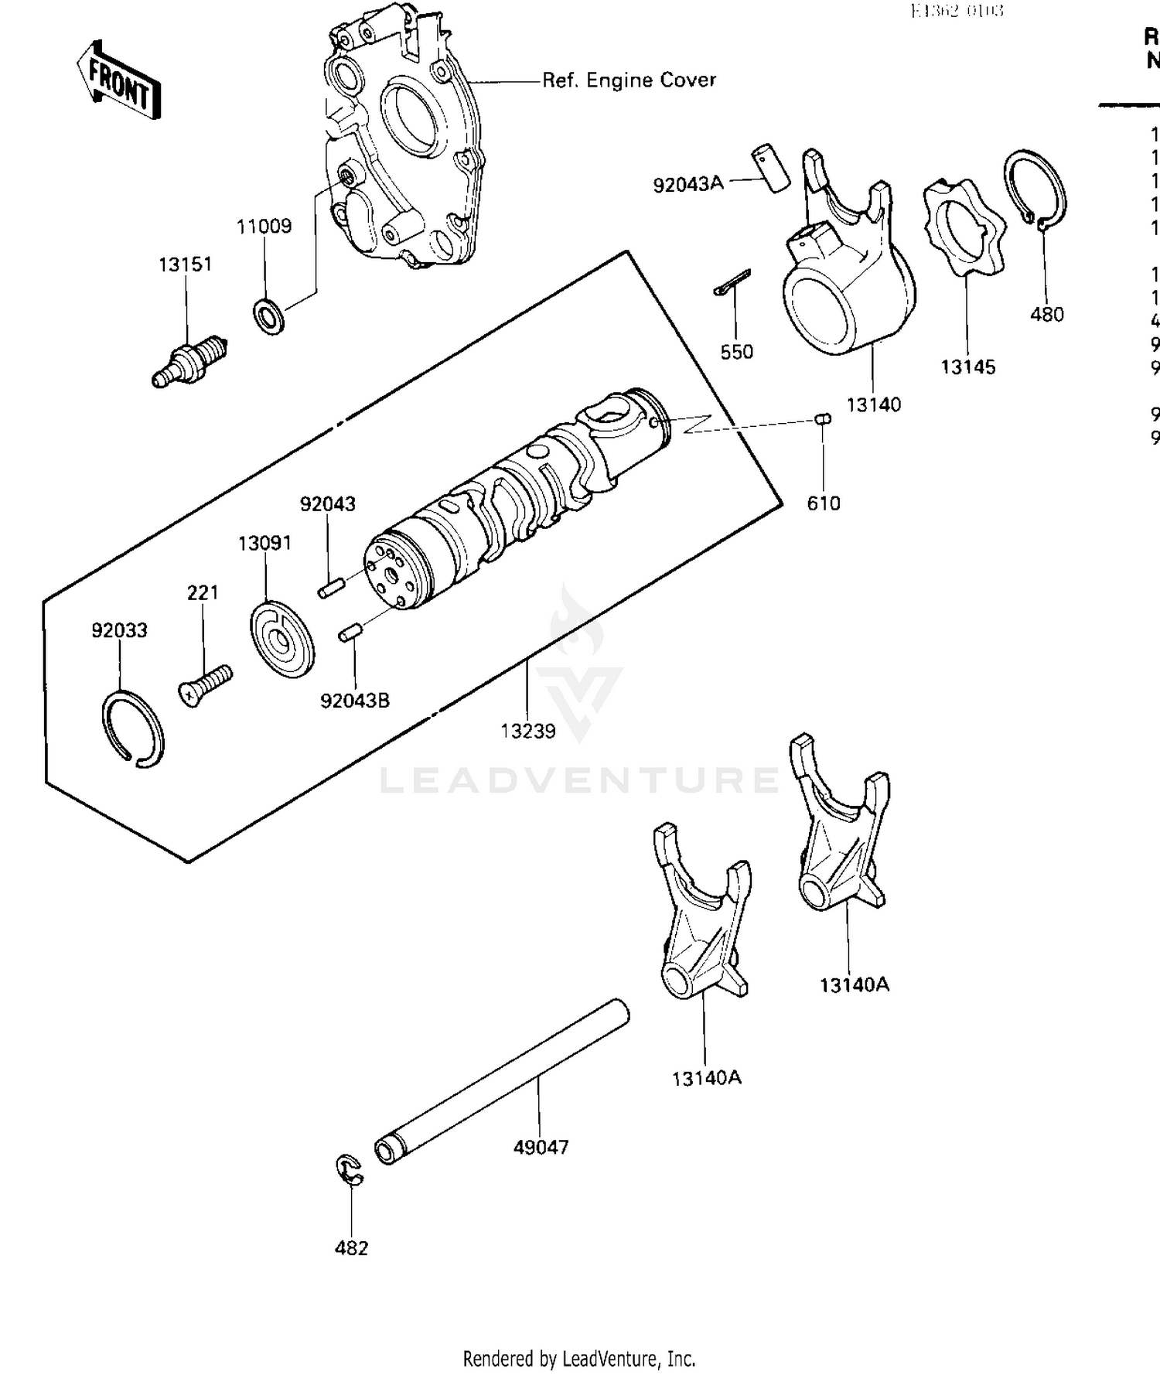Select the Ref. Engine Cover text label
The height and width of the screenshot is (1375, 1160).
coord(628,80)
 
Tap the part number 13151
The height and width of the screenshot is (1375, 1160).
coord(185,264)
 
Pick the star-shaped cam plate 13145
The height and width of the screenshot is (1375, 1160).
coord(964,229)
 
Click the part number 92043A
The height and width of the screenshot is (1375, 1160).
coord(688,185)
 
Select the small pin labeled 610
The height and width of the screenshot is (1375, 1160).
coord(824,419)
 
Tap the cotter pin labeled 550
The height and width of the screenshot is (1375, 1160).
coord(732,282)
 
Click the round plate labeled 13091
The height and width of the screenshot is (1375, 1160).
coord(282,640)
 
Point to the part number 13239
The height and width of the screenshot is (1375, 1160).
coord(527,731)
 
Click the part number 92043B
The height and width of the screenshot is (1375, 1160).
coord(355,701)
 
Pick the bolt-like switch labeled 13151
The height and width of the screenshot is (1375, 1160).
coord(189,363)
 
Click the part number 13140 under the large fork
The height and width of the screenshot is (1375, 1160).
coord(874,404)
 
